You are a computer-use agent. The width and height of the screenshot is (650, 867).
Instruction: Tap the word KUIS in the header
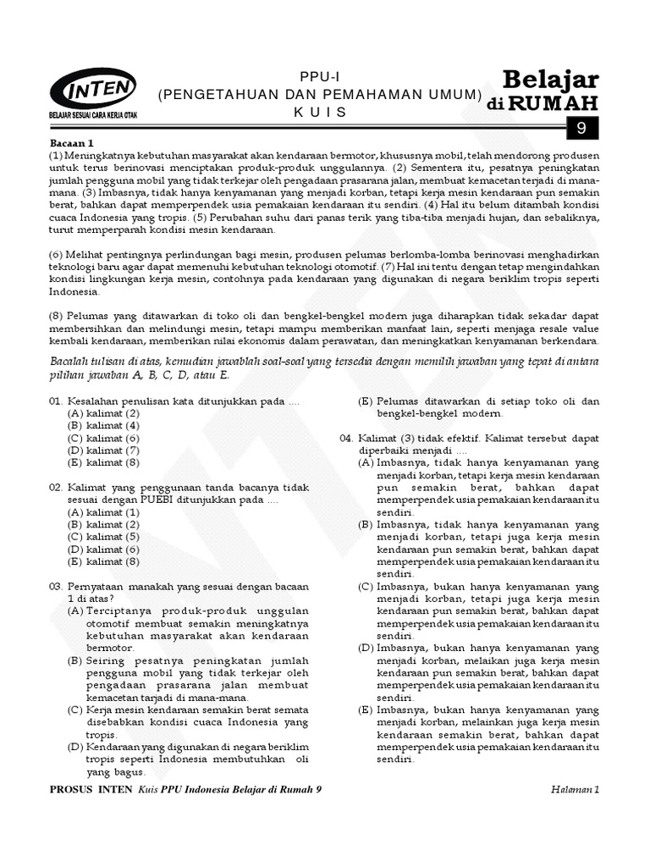[319, 111]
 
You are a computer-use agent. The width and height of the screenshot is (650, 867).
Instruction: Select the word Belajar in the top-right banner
[550, 80]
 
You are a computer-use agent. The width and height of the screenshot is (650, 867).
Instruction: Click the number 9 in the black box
[581, 129]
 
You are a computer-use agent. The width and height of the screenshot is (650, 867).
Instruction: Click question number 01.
[55, 400]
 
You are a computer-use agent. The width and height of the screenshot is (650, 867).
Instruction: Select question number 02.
[55, 488]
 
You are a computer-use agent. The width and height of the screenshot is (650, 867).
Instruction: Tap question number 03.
[55, 586]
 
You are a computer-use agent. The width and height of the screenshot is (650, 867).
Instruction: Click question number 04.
[347, 439]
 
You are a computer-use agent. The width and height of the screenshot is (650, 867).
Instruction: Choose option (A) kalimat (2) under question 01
[103, 412]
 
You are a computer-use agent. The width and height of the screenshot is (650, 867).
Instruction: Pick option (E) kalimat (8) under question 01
[103, 462]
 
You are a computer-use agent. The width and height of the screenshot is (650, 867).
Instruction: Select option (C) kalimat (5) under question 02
[103, 537]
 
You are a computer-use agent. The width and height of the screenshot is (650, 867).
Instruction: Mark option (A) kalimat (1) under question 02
[103, 512]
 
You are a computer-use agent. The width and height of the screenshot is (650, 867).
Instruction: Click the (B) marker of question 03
[75, 660]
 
